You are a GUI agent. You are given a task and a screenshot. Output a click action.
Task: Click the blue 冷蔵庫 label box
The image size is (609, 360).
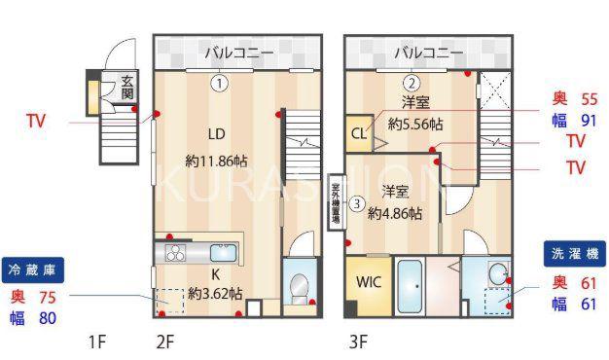(x=33, y=270)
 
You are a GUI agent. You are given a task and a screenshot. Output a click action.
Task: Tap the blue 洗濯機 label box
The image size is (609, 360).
(x=575, y=254)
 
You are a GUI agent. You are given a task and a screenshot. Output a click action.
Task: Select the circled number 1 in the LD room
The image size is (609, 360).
(x=220, y=84)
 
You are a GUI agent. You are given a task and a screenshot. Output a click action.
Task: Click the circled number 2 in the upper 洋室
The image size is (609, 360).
(x=412, y=83)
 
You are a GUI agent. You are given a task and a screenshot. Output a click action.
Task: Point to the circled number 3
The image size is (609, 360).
(x=357, y=203)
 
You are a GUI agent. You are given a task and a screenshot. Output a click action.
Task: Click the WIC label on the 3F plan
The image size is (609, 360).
(x=368, y=281)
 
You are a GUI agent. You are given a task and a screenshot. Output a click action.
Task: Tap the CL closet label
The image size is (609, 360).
(x=358, y=133)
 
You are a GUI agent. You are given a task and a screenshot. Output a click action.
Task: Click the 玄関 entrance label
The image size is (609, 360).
(x=127, y=88)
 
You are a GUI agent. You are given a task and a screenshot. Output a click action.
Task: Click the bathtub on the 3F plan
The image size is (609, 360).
(x=411, y=286)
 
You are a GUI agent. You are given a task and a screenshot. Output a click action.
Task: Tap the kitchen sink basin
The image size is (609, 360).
(x=224, y=253)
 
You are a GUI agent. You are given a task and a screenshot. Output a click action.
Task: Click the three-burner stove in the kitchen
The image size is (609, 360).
(x=175, y=253)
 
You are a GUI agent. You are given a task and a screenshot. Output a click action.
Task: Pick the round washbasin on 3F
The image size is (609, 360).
(x=497, y=274)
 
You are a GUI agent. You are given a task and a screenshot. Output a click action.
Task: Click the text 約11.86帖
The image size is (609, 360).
(x=216, y=161)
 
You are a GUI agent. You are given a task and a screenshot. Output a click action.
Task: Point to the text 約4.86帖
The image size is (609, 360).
(x=395, y=213)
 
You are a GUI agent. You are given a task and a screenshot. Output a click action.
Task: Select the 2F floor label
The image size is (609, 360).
(x=164, y=342)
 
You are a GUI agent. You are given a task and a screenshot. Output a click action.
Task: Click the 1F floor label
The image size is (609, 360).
(x=97, y=342)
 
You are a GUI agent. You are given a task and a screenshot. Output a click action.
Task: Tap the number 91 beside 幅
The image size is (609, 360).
(x=589, y=121)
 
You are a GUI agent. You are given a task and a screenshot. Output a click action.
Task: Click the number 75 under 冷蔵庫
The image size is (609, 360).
(x=48, y=298)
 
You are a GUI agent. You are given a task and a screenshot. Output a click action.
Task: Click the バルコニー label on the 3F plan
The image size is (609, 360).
(x=429, y=53)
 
